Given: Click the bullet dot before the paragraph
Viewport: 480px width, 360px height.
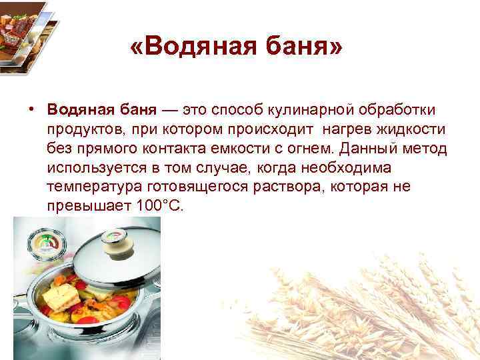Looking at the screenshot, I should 31,108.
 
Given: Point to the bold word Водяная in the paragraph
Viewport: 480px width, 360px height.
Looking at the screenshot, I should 77,109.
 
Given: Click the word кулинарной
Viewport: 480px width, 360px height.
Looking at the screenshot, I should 313,109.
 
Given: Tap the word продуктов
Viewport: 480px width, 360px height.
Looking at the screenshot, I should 80,128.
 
